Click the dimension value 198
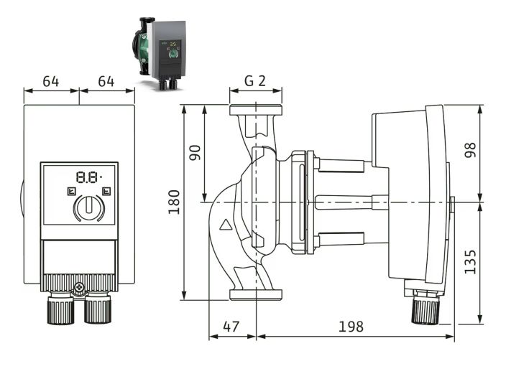[350, 326]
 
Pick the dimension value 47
[231, 326]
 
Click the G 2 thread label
[255, 80]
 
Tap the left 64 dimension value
[50, 80]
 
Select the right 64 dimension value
[106, 80]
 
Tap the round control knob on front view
[88, 208]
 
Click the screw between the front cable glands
[79, 289]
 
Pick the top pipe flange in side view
[256, 111]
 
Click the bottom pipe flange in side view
[256, 294]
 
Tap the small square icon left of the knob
[71, 191]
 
